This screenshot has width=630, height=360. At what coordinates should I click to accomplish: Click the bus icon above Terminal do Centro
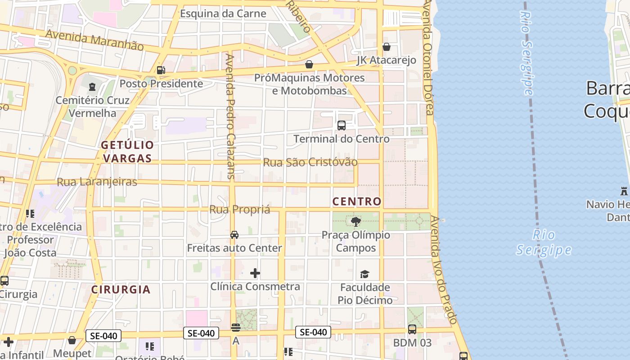click(x=342, y=126)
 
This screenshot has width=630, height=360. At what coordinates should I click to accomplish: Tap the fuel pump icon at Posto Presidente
click(x=161, y=70)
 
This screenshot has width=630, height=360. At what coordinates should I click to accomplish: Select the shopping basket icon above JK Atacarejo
click(x=387, y=47)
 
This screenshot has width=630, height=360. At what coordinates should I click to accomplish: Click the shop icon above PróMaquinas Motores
click(x=309, y=64)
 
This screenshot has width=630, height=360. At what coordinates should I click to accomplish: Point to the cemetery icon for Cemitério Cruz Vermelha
click(x=92, y=87)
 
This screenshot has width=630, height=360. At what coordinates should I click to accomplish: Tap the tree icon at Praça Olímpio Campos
click(x=356, y=221)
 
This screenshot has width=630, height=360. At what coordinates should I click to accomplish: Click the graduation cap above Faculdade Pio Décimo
click(x=364, y=274)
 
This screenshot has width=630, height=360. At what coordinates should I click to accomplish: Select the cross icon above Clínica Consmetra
click(x=255, y=273)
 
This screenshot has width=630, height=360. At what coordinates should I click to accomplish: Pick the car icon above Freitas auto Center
click(x=234, y=235)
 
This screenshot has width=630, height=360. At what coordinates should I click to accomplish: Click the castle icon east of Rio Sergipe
click(x=624, y=191)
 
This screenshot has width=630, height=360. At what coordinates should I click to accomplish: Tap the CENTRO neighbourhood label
click(x=357, y=202)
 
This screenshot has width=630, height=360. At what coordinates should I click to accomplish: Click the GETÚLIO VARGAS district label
click(x=127, y=152)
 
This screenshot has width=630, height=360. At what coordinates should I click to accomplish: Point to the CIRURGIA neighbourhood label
click(x=121, y=289)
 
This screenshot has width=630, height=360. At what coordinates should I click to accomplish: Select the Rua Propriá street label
click(x=240, y=210)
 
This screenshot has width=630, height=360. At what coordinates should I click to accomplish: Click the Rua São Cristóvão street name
click(x=310, y=162)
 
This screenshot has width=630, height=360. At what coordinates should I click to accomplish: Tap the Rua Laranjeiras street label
click(x=97, y=182)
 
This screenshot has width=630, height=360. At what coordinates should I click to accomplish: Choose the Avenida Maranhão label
click(x=94, y=40)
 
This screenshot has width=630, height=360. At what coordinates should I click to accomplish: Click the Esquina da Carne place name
click(x=223, y=13)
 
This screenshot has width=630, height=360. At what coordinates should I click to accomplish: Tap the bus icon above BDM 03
click(x=412, y=329)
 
